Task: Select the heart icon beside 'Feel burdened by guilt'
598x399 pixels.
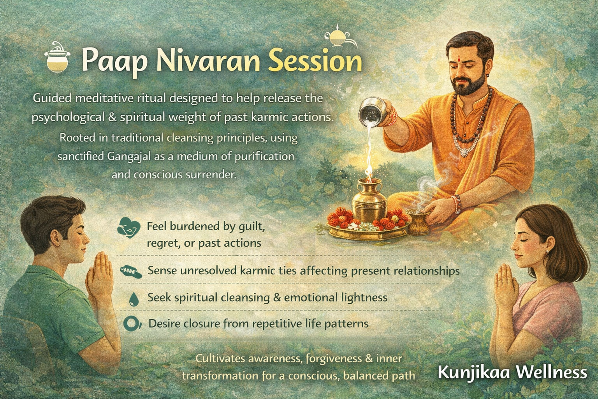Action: pyautogui.click(x=128, y=228)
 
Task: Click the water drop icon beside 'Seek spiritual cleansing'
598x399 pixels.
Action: pyautogui.click(x=134, y=298)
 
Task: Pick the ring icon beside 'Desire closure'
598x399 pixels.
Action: pyautogui.click(x=130, y=323)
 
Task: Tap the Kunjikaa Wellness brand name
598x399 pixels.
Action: pyautogui.click(x=512, y=372)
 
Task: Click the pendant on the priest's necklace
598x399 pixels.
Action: pyautogui.click(x=464, y=151)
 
